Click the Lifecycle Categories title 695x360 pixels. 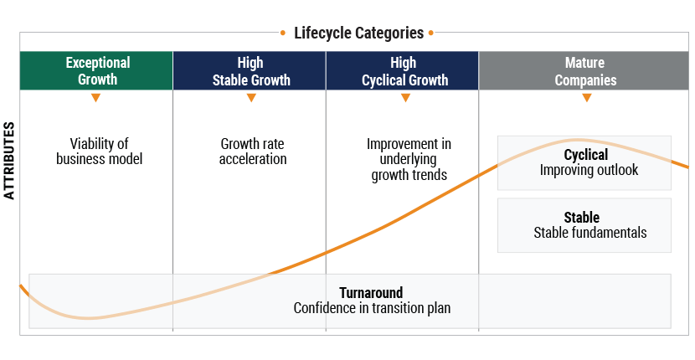[x=358, y=33]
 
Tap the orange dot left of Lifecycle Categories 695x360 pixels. [x=284, y=33]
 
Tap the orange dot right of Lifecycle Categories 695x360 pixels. [x=431, y=33]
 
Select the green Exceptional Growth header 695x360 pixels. [x=96, y=71]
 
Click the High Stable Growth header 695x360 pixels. [x=250, y=71]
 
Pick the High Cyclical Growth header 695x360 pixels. [x=403, y=71]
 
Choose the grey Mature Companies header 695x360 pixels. [x=585, y=71]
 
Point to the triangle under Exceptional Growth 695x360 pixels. [x=96, y=98]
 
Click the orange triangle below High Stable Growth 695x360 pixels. [x=250, y=98]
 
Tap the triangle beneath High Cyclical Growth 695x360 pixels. [x=405, y=98]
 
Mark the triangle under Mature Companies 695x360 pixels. [x=586, y=98]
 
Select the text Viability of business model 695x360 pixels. [x=100, y=152]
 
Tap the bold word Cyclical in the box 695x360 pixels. [x=585, y=155]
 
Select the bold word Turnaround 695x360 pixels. [x=371, y=293]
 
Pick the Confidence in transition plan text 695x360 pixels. [x=372, y=308]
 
